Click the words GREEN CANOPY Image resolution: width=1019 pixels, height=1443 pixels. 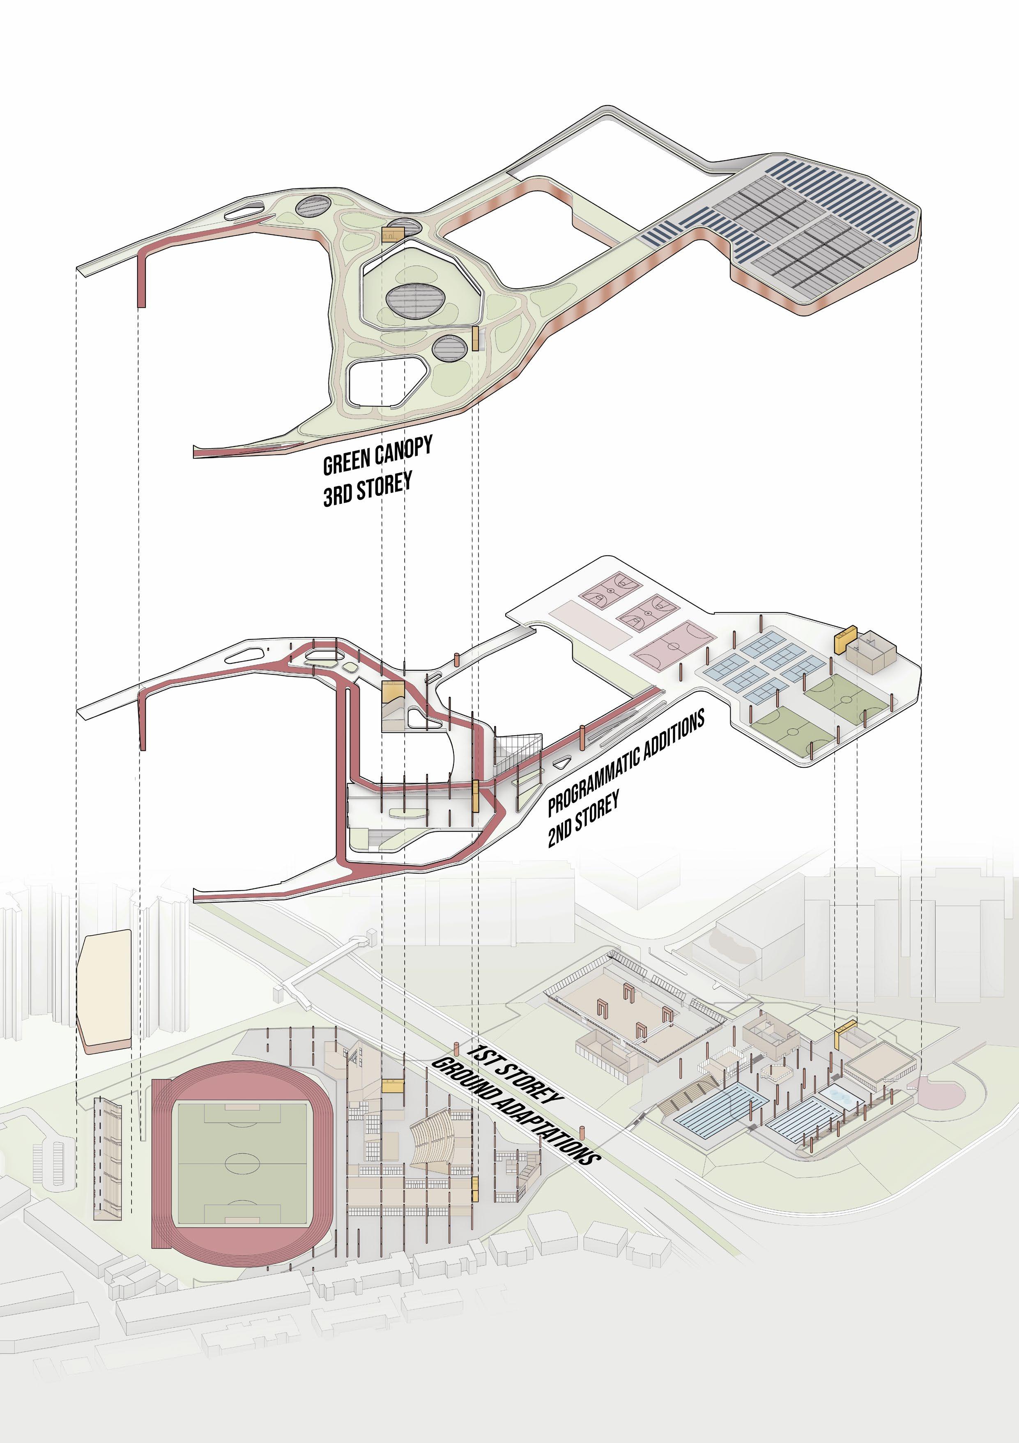pos(377,456)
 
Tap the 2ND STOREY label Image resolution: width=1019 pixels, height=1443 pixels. pos(583,819)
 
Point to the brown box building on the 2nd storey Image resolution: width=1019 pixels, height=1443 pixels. pos(869,652)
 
